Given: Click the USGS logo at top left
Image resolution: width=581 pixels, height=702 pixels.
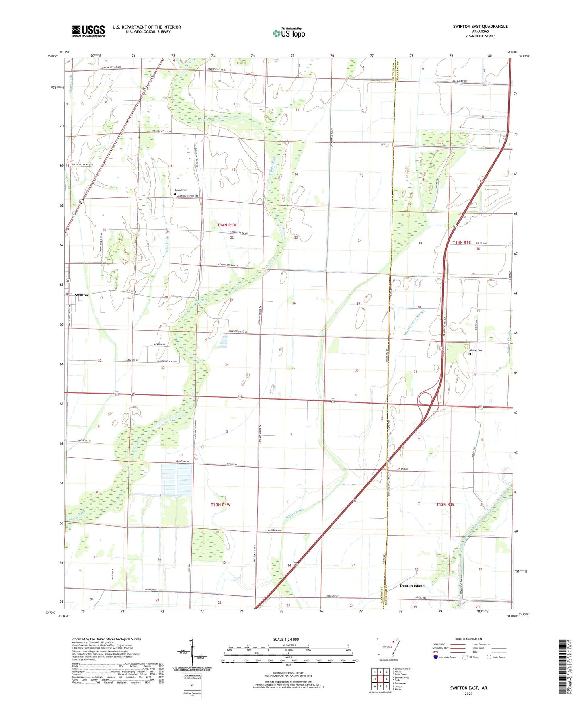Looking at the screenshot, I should (88, 31).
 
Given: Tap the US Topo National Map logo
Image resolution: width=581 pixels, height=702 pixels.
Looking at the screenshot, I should (289, 33).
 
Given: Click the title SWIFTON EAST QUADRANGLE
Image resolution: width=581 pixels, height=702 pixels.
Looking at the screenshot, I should (480, 27).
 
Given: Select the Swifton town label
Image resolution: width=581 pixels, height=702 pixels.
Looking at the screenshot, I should (81, 295).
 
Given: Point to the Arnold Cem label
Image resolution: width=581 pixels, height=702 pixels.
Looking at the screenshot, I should (181, 190).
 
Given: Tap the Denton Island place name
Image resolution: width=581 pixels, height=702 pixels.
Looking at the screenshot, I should (412, 586).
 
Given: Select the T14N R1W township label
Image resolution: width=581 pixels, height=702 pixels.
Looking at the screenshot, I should (227, 225).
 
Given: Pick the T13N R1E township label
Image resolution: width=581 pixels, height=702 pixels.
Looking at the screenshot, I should (445, 504).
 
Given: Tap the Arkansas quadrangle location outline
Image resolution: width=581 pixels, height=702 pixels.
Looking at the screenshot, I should (388, 648).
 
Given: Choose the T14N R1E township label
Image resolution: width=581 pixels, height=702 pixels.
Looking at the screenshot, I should (462, 242).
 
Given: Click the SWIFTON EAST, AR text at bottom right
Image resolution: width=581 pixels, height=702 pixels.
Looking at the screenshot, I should (468, 688).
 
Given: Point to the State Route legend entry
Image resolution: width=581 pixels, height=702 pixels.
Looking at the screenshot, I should (496, 657).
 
